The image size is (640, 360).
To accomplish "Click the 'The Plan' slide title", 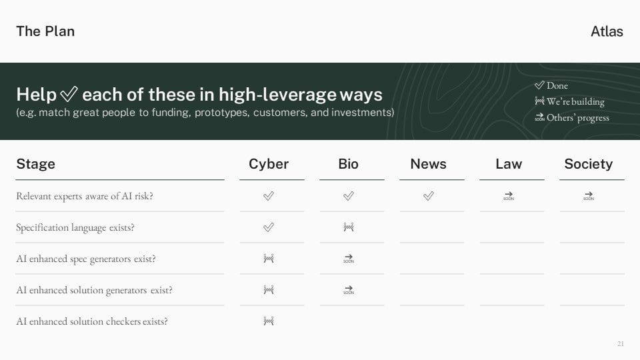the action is [x=45, y=31].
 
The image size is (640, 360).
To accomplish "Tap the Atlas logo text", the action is [x=607, y=31].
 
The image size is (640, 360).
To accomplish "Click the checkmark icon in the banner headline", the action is [x=69, y=94].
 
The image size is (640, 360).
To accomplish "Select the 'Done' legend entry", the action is [x=551, y=85].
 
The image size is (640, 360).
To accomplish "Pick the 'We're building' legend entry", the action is [x=569, y=101].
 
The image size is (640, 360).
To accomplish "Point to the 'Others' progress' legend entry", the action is [x=572, y=117].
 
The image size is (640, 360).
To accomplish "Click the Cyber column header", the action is [x=269, y=164].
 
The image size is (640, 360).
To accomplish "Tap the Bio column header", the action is [x=348, y=164].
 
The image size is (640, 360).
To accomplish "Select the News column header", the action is [x=428, y=164].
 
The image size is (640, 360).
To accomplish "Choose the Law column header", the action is [x=509, y=164].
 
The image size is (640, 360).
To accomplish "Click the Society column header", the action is [x=588, y=164].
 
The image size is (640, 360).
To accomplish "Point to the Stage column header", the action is [x=35, y=164].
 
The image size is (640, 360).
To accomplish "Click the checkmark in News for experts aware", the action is [x=429, y=196].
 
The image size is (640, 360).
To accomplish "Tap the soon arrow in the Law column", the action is [x=509, y=196].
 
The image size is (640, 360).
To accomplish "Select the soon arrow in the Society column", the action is [x=589, y=196].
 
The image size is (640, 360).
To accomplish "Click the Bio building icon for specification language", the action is [x=349, y=227].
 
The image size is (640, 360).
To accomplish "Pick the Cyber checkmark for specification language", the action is [x=269, y=227].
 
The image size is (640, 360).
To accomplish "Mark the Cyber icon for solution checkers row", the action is [x=269, y=321].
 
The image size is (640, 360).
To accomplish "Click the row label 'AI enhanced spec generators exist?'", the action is [x=86, y=259].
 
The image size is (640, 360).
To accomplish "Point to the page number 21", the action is [x=621, y=344].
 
